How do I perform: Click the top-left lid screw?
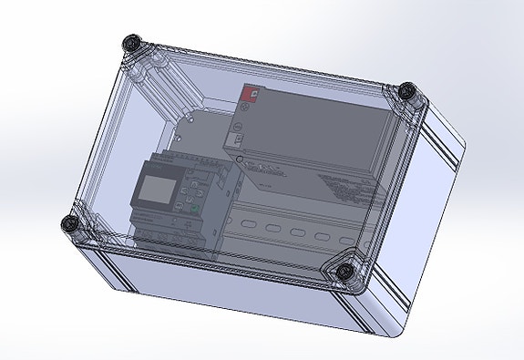click(134, 43)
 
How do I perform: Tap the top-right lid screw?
click(409, 91)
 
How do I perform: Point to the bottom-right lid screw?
click(346, 272)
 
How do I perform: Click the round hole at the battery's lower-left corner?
click(240, 159)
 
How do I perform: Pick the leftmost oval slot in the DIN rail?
click(245, 221)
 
